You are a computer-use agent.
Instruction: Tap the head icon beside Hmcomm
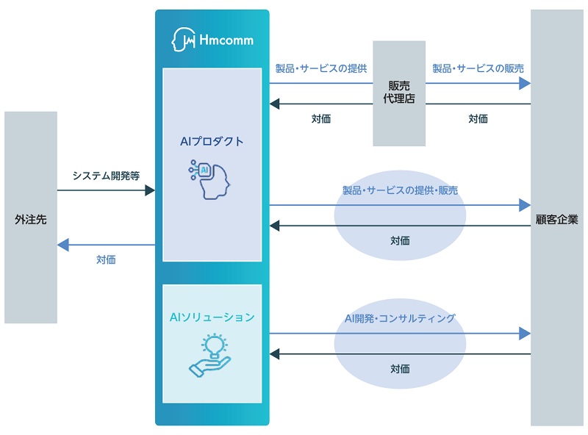point(182,40)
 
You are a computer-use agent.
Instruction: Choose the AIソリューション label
point(212,317)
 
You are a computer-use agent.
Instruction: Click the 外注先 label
point(30,219)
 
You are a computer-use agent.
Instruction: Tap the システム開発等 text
point(106,176)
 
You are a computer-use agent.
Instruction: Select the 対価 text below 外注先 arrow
point(106,259)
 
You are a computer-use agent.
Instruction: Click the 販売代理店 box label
point(399,92)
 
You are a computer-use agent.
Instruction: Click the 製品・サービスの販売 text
point(478,68)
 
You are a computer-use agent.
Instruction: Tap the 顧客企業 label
point(557,219)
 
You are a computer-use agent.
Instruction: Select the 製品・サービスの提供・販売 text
point(400,190)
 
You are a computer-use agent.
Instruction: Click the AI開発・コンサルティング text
point(400,318)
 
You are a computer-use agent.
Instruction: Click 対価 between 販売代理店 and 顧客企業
point(478,118)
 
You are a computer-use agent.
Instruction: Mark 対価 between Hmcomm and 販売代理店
point(320,118)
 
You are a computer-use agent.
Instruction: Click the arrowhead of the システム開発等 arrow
point(150,191)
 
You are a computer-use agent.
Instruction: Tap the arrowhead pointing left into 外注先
point(62,245)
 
